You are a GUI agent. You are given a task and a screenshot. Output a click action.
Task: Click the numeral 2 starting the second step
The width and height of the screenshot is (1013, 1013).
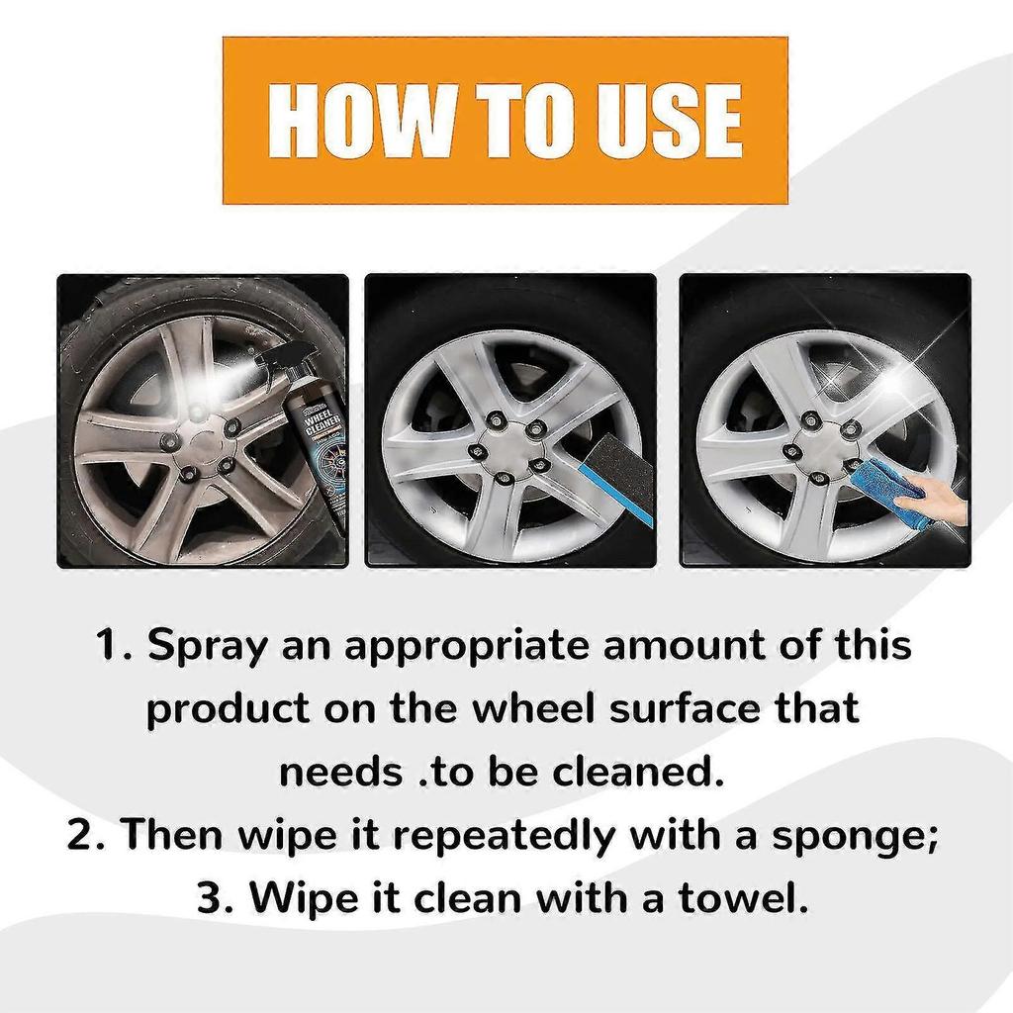81,837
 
